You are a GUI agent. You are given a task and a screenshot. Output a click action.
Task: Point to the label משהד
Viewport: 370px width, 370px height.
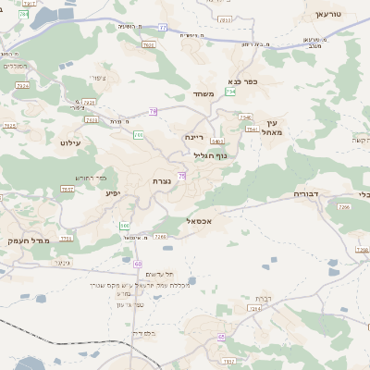205,94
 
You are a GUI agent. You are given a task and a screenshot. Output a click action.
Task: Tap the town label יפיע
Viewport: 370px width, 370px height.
114,193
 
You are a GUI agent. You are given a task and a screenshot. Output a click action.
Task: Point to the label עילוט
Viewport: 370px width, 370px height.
71,143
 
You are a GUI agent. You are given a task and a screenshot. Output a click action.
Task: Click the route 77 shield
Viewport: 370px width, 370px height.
162,28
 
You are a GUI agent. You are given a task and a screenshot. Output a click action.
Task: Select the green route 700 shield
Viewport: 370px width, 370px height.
139,135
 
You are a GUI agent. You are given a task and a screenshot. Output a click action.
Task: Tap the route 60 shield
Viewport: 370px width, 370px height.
138,265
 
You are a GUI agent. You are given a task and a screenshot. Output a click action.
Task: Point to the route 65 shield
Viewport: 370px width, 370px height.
221,337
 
